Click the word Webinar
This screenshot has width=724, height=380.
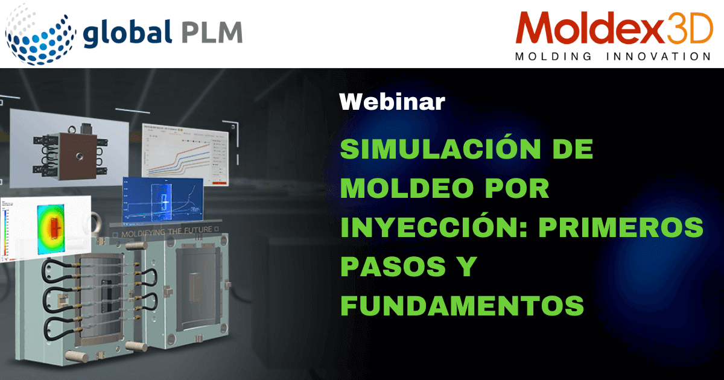click(x=392, y=102)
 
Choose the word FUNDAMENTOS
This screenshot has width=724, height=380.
click(x=462, y=306)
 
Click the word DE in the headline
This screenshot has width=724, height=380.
click(x=573, y=149)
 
